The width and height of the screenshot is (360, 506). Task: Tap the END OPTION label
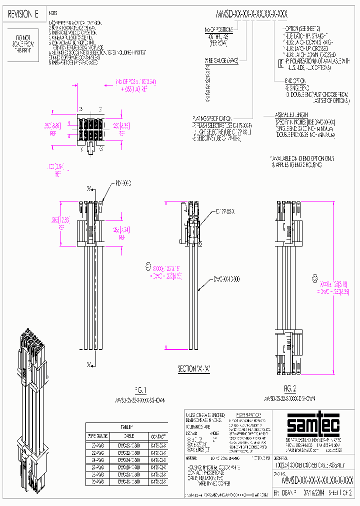295,80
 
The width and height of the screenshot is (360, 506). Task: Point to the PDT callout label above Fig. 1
123,184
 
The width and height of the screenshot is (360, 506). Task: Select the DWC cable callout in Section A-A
226,278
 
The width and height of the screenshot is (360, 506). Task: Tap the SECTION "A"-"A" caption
195,369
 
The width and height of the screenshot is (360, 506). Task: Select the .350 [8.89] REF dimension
56,126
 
